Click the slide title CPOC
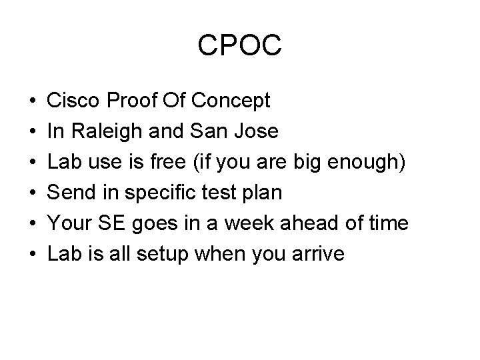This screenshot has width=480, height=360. (x=239, y=45)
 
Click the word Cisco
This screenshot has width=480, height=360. (x=73, y=100)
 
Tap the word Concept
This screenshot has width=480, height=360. (x=231, y=101)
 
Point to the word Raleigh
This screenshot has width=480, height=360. (x=107, y=131)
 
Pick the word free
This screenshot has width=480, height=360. (x=168, y=161)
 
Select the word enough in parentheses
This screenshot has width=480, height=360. (x=362, y=162)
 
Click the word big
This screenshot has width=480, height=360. (x=307, y=162)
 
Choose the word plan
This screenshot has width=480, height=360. (x=262, y=193)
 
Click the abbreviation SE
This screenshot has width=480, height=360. (x=111, y=223)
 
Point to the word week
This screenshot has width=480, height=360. (x=249, y=223)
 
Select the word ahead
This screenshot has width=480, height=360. (x=309, y=223)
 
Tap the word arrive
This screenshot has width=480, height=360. (x=318, y=254)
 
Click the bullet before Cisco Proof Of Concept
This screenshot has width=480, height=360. (x=33, y=101)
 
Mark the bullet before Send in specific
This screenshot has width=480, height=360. (x=33, y=193)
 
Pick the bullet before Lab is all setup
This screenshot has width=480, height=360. (x=33, y=254)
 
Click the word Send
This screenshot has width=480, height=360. (x=71, y=192)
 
